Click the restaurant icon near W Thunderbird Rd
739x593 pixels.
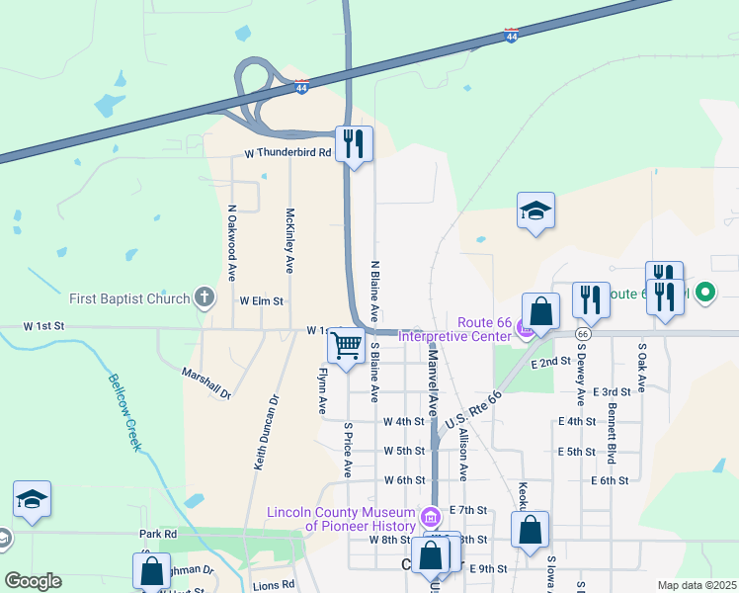[353, 144]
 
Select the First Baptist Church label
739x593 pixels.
[129, 297]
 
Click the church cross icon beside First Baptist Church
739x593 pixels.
[205, 296]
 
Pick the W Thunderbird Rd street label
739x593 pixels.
[287, 153]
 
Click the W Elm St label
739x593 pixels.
[261, 300]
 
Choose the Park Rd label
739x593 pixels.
[157, 535]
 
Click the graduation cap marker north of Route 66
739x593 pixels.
[535, 211]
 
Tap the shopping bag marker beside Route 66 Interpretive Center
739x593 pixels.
[540, 312]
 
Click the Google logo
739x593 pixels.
[33, 581]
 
